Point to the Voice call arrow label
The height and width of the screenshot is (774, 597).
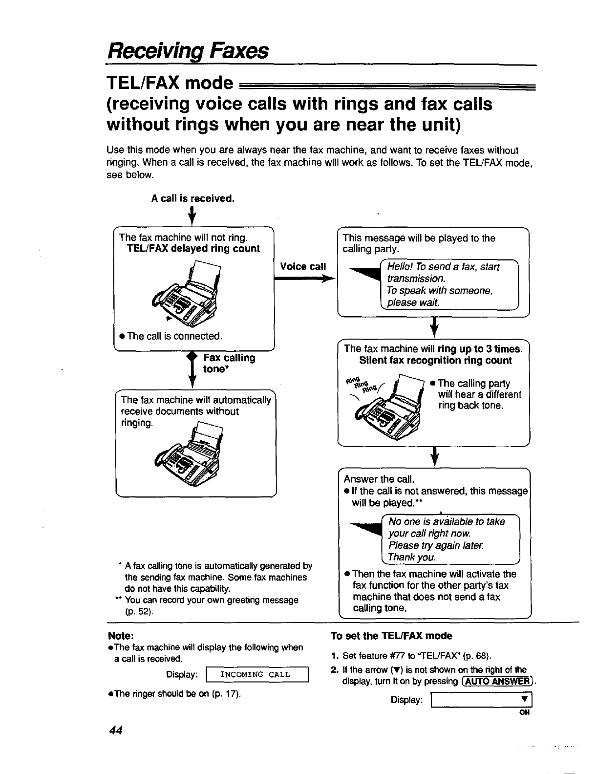tap(303, 266)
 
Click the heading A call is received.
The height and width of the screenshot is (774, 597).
tap(193, 198)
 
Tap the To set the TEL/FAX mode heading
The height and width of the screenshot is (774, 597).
tap(391, 636)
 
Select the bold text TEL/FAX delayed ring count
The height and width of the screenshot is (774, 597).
tap(193, 248)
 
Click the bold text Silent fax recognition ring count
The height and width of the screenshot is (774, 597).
tap(435, 361)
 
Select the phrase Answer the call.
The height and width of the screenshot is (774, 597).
tap(379, 478)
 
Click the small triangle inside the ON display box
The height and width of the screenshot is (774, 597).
tap(523, 699)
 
